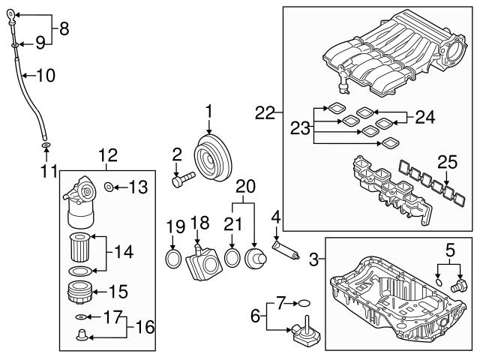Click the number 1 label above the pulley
coord(209,111)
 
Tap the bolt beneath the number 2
coord(182,179)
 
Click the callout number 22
coord(263,113)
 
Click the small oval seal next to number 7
coord(304,304)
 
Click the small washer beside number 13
coord(109,186)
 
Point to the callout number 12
coord(108,155)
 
